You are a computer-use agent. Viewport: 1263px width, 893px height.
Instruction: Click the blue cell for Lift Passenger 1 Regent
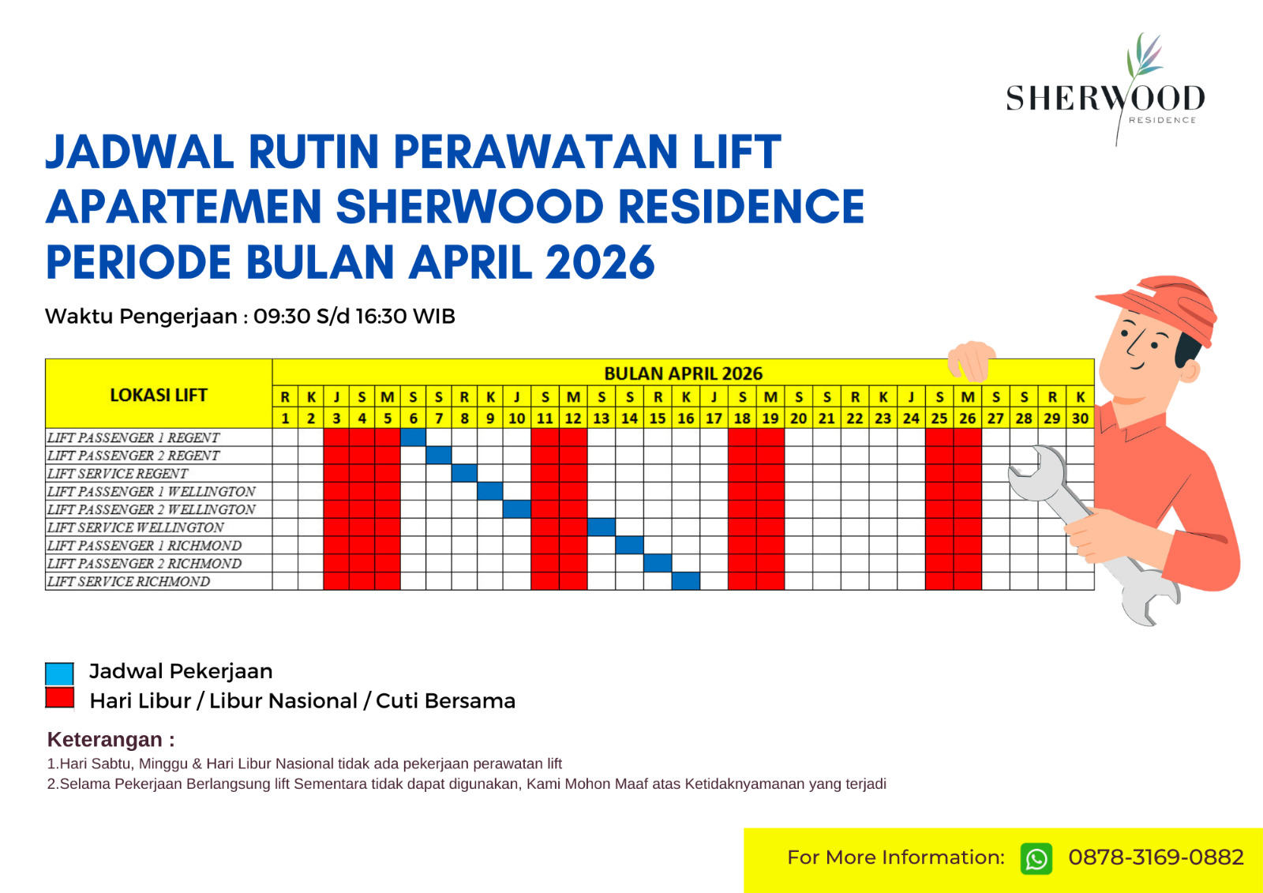pyautogui.click(x=414, y=437)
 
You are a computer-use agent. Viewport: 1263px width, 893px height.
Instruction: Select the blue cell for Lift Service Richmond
pyautogui.click(x=686, y=581)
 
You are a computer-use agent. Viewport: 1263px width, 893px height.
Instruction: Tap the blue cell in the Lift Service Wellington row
pyautogui.click(x=601, y=527)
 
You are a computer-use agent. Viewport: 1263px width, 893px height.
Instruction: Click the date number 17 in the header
pyautogui.click(x=714, y=418)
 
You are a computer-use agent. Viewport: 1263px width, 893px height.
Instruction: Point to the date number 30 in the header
pyautogui.click(x=1080, y=418)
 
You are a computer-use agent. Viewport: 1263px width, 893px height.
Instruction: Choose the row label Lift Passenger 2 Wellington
pyautogui.click(x=151, y=509)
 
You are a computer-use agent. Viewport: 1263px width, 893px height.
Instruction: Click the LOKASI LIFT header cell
pyautogui.click(x=159, y=394)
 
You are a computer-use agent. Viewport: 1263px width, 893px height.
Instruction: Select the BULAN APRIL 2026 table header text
pyautogui.click(x=683, y=373)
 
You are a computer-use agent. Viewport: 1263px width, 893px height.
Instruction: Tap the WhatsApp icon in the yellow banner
pyautogui.click(x=1036, y=859)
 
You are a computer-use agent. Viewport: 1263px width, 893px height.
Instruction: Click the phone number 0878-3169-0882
pyautogui.click(x=1156, y=857)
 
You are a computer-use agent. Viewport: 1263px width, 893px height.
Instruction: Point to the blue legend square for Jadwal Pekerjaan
pyautogui.click(x=59, y=674)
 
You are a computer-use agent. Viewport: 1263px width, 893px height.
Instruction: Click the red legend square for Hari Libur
pyautogui.click(x=59, y=697)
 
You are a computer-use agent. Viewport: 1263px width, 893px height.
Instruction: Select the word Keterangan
pyautogui.click(x=105, y=739)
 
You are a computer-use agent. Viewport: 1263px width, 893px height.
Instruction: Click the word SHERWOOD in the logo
pyautogui.click(x=1105, y=98)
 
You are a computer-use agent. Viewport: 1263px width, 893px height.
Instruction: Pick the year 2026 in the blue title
pyautogui.click(x=599, y=262)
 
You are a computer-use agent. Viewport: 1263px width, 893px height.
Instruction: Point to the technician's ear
pyautogui.click(x=1191, y=370)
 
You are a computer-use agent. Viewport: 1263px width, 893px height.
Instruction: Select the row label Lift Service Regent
pyautogui.click(x=118, y=473)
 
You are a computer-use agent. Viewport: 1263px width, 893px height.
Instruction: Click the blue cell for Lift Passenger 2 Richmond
pyautogui.click(x=658, y=563)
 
